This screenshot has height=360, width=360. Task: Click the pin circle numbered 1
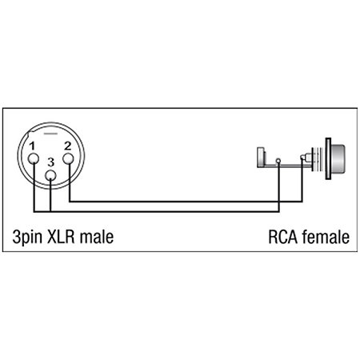point(34,159)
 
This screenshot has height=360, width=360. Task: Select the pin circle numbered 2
point(68,158)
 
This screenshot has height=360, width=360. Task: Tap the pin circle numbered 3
point(50,175)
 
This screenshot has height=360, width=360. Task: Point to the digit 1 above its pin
point(32,146)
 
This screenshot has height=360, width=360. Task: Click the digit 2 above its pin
point(68,146)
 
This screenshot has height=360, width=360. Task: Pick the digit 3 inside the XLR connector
point(50,162)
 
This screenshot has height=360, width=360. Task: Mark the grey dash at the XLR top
point(50,134)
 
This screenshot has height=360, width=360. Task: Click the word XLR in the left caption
point(60,237)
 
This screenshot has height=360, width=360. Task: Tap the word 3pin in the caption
point(27,237)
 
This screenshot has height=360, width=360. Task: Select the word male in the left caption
point(97,237)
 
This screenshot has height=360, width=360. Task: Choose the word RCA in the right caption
point(282,237)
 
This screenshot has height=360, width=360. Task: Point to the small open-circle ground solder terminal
point(278,161)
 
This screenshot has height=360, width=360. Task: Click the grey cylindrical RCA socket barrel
point(338,159)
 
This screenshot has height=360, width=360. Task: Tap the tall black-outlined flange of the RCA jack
point(328,158)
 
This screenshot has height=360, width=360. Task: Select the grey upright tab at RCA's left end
point(261,158)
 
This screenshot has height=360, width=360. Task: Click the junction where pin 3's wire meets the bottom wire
point(50,212)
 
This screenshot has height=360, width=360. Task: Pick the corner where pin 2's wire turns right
point(70,202)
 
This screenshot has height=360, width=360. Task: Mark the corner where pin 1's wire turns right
point(34,212)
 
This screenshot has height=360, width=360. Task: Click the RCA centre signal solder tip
point(302,158)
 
